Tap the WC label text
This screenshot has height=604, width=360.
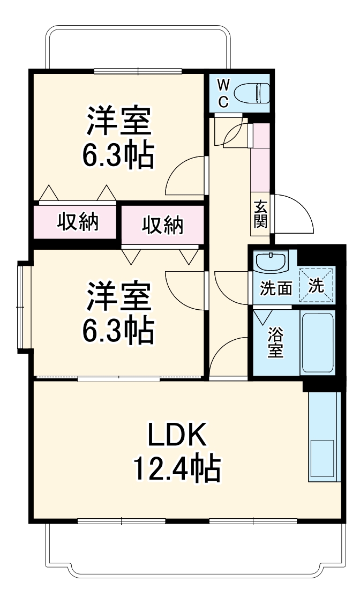tap(224, 93)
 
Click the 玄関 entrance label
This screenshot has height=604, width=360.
tap(260, 213)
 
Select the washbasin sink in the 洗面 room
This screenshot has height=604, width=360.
tap(272, 263)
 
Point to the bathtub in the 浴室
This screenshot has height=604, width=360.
tap(318, 343)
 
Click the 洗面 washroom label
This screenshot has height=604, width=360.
tap(276, 288)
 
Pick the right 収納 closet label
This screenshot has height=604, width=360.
tap(162, 226)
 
